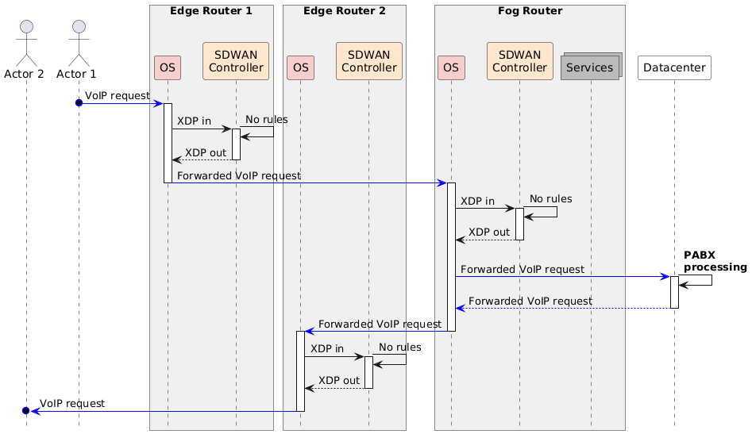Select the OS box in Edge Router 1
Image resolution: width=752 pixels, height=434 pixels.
[x=168, y=68]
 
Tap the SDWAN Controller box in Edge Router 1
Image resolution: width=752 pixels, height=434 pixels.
[x=236, y=61]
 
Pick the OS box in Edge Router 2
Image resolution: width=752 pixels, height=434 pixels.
[x=300, y=68]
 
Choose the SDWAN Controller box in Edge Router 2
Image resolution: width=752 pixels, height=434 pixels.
[x=368, y=61]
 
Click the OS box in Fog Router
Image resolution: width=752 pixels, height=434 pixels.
[x=451, y=68]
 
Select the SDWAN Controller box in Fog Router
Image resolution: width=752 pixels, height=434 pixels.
[x=519, y=61]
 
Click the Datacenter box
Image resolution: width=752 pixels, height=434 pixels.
[x=674, y=68]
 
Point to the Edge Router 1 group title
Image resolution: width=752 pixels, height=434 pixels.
[x=211, y=11]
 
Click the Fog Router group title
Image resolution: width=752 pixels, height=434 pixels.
[x=530, y=11]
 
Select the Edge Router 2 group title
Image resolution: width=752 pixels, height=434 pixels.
[x=344, y=11]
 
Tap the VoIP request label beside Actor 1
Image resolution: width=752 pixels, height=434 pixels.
[x=118, y=95]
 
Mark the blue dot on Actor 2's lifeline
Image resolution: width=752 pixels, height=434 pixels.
[x=26, y=411]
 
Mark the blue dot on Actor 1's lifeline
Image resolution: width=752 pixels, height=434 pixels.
[x=79, y=103]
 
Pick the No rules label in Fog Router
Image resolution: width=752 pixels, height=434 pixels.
[x=550, y=198]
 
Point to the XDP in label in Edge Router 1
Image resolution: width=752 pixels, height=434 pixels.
[x=194, y=121]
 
